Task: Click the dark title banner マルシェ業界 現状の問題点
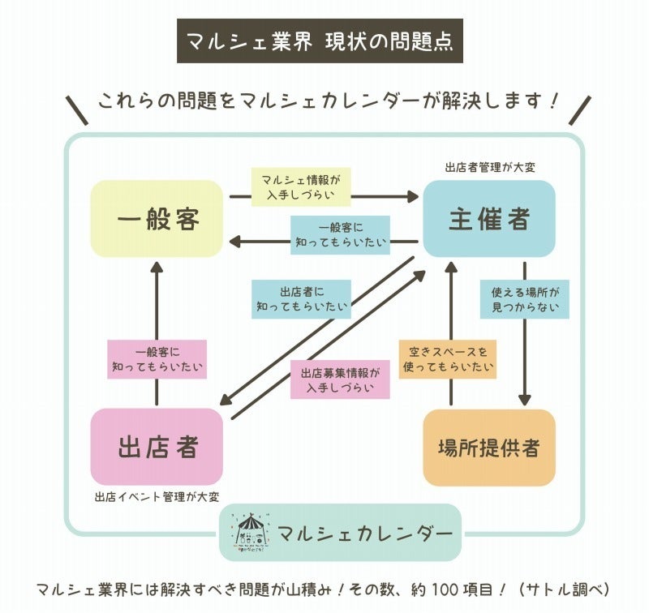[x=320, y=40]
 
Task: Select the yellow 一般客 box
[x=157, y=219]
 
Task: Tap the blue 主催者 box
[x=489, y=219]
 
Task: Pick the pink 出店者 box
[x=157, y=447]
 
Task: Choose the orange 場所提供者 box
[x=489, y=448]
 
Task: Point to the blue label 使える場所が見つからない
[x=524, y=298]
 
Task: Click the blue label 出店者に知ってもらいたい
[x=301, y=298]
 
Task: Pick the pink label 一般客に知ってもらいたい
[x=157, y=359]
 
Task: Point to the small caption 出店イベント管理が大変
[x=157, y=496]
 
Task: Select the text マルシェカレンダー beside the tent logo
[x=364, y=533]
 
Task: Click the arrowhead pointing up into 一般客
[x=157, y=268]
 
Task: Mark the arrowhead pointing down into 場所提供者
[x=524, y=399]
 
